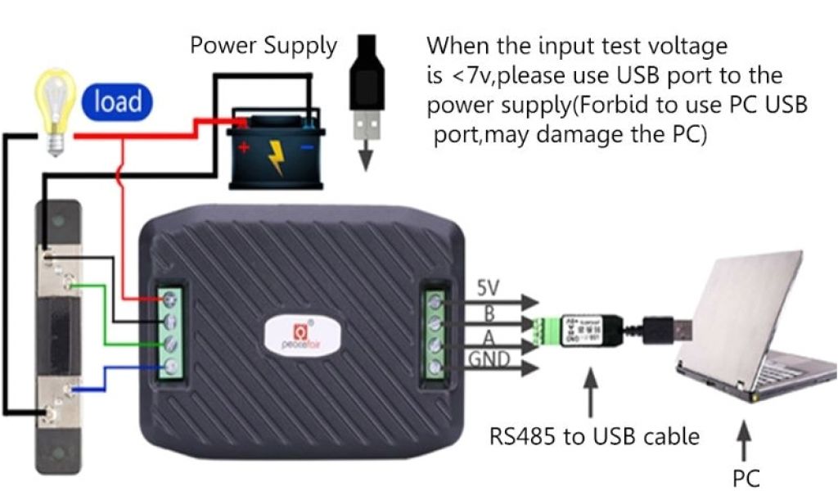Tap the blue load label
pos(118,101)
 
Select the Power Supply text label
pos(264,46)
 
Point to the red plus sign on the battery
pos(243,148)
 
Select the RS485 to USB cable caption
pos(594,435)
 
